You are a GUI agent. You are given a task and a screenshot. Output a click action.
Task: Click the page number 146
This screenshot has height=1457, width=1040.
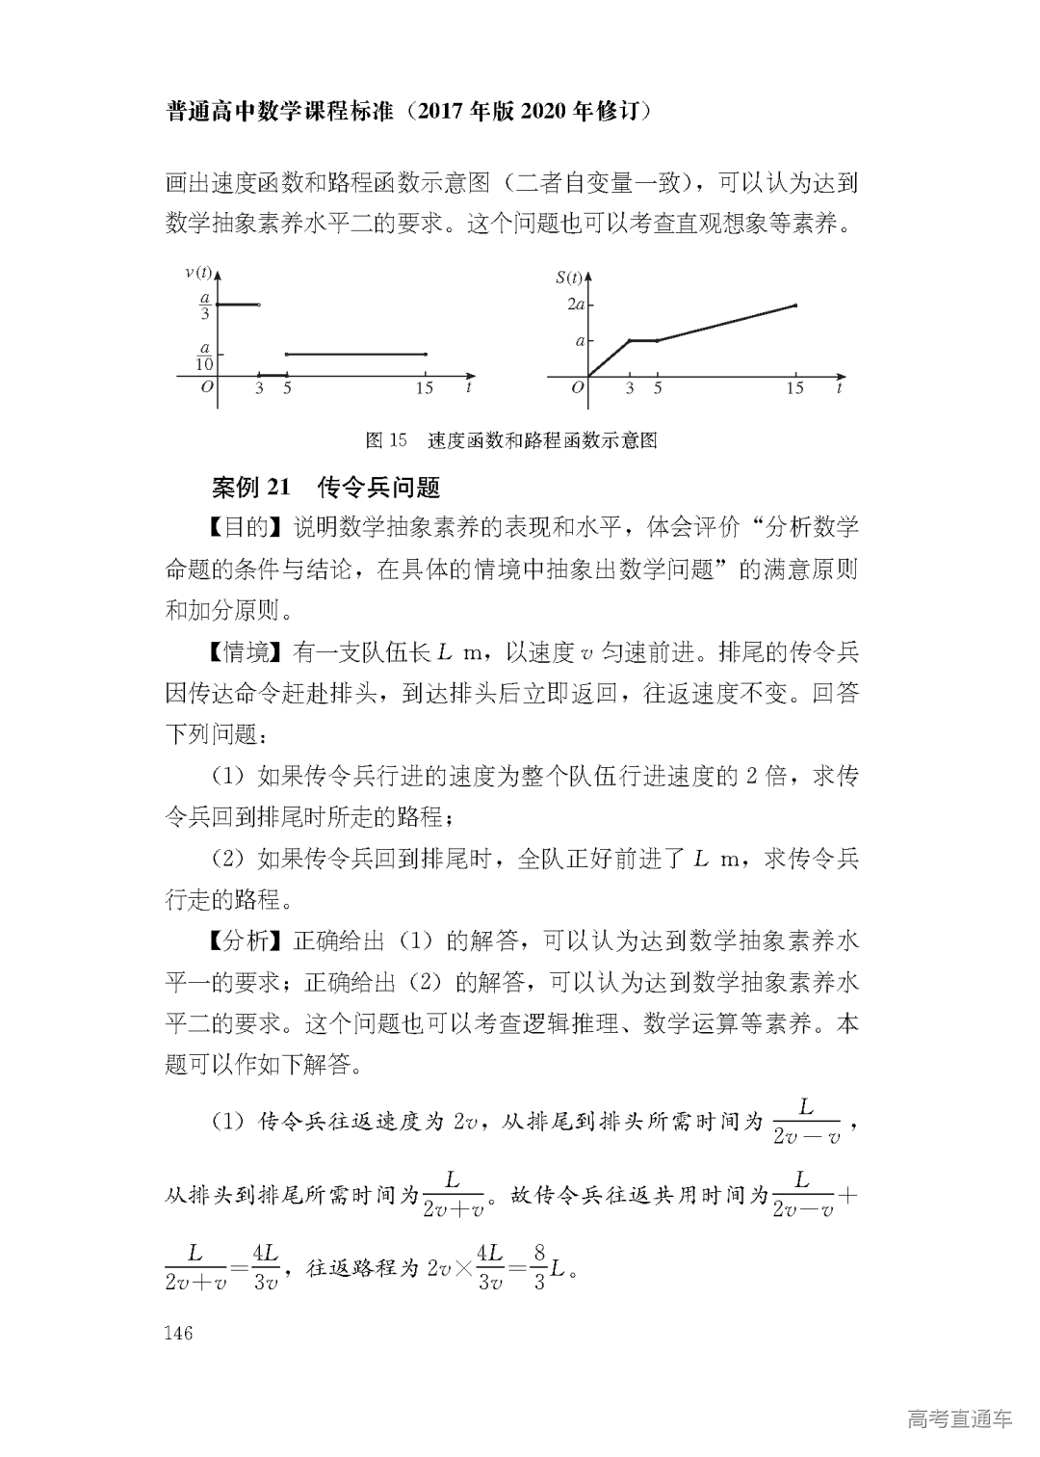click(179, 1334)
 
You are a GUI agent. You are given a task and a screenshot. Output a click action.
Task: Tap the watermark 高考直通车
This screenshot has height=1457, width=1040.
click(959, 1418)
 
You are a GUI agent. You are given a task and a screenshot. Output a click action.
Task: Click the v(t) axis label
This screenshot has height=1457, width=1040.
click(198, 273)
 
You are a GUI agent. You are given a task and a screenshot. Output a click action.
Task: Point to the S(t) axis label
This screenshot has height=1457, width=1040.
click(569, 278)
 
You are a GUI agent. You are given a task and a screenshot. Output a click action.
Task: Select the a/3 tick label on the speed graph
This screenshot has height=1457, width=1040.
click(204, 305)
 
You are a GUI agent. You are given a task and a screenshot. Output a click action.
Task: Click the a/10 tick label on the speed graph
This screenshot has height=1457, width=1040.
click(204, 356)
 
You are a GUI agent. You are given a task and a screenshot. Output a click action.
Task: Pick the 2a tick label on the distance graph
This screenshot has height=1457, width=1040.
click(576, 305)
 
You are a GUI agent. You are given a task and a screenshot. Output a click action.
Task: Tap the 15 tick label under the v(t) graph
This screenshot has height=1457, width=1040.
click(425, 388)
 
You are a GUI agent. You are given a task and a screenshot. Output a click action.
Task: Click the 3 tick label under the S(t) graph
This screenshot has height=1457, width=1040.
click(630, 388)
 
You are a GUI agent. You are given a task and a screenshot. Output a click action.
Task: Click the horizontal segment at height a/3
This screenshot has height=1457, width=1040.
click(238, 305)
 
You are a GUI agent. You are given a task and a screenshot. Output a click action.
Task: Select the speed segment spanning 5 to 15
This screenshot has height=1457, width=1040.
click(356, 355)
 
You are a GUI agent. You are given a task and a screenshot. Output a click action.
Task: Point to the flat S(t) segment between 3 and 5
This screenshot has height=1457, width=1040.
click(643, 340)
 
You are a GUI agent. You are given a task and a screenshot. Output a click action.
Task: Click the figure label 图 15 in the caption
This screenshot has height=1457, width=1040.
click(387, 441)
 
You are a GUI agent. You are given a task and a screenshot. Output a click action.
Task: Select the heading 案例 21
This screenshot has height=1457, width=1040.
click(250, 488)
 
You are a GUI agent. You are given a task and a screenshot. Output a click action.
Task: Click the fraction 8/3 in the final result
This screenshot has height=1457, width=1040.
click(539, 1267)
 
